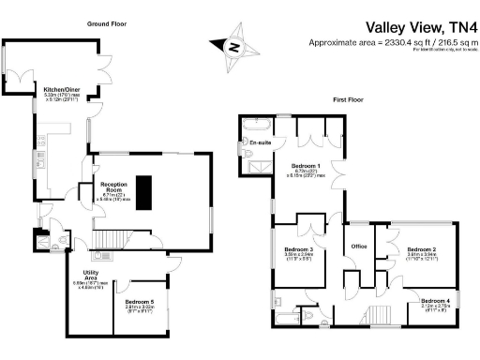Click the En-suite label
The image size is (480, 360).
(x=259, y=142)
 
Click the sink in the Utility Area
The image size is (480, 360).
(x=104, y=254)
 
